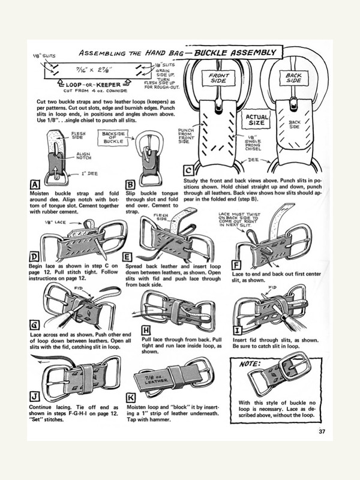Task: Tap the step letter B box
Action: tap(130, 184)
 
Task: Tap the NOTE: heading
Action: tap(250, 364)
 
